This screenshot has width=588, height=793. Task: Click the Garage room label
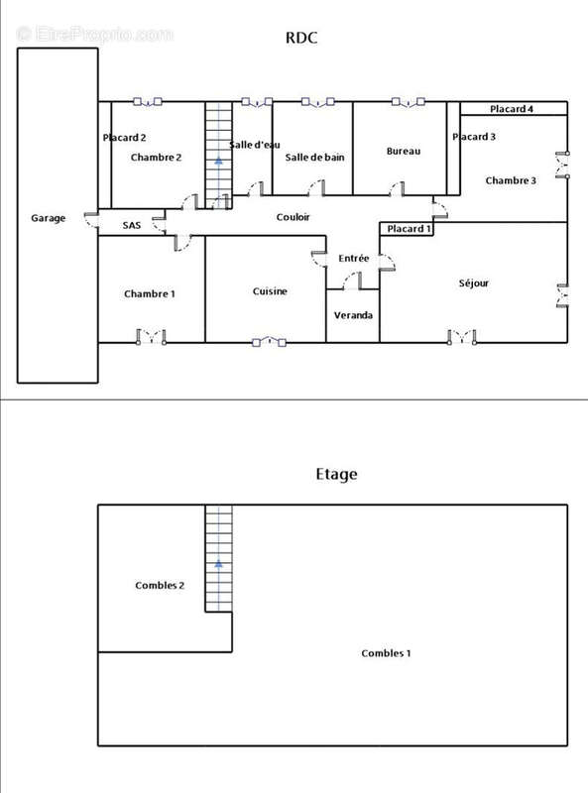coord(48,218)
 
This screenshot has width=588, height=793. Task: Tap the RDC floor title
coord(301,38)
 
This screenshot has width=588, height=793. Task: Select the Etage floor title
coord(336,474)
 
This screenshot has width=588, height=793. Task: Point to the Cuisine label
coord(270,290)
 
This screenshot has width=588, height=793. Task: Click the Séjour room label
coord(474,283)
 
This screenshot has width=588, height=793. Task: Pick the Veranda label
coord(353,315)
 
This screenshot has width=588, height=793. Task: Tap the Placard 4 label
coord(511,109)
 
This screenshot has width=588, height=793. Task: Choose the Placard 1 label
coord(409,229)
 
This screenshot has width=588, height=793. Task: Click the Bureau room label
coord(404,151)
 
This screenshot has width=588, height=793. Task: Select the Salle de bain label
coord(314,158)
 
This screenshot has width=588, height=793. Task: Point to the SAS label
coord(132,225)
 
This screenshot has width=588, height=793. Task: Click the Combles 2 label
coord(160,585)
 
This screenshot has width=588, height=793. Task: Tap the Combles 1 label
coord(386,653)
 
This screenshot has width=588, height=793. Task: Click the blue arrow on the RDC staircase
coord(218,161)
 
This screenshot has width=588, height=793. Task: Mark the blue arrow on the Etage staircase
coord(218,563)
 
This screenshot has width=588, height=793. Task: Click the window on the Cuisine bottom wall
coord(269,342)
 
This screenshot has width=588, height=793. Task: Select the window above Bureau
coord(408,102)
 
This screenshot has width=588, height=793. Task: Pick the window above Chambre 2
coord(148,102)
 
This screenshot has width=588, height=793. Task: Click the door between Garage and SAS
coord(91,220)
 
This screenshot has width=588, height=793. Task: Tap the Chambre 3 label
coord(511,180)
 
